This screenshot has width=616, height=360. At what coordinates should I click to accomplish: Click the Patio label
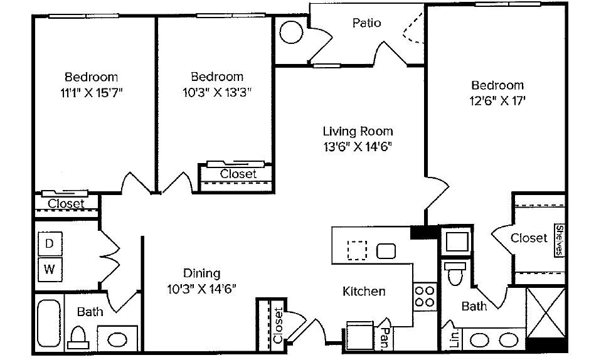366,23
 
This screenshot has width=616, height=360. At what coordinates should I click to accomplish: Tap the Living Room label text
358,132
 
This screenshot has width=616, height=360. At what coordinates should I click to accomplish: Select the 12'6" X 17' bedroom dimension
497,100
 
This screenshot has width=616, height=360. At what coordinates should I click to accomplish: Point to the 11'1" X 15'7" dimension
91,92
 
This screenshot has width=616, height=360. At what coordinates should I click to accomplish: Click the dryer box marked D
49,244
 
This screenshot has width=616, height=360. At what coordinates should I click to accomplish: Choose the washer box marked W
49,271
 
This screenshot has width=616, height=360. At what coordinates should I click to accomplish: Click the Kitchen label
364,292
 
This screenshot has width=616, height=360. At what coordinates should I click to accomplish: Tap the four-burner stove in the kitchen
425,295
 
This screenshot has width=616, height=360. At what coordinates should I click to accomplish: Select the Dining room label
201,273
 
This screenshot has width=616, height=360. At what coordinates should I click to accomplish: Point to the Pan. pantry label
386,337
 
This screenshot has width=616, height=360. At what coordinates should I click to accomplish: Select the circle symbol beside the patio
291,32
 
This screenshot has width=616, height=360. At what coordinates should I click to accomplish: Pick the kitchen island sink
386,251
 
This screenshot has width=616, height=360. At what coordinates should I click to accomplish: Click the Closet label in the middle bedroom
238,174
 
